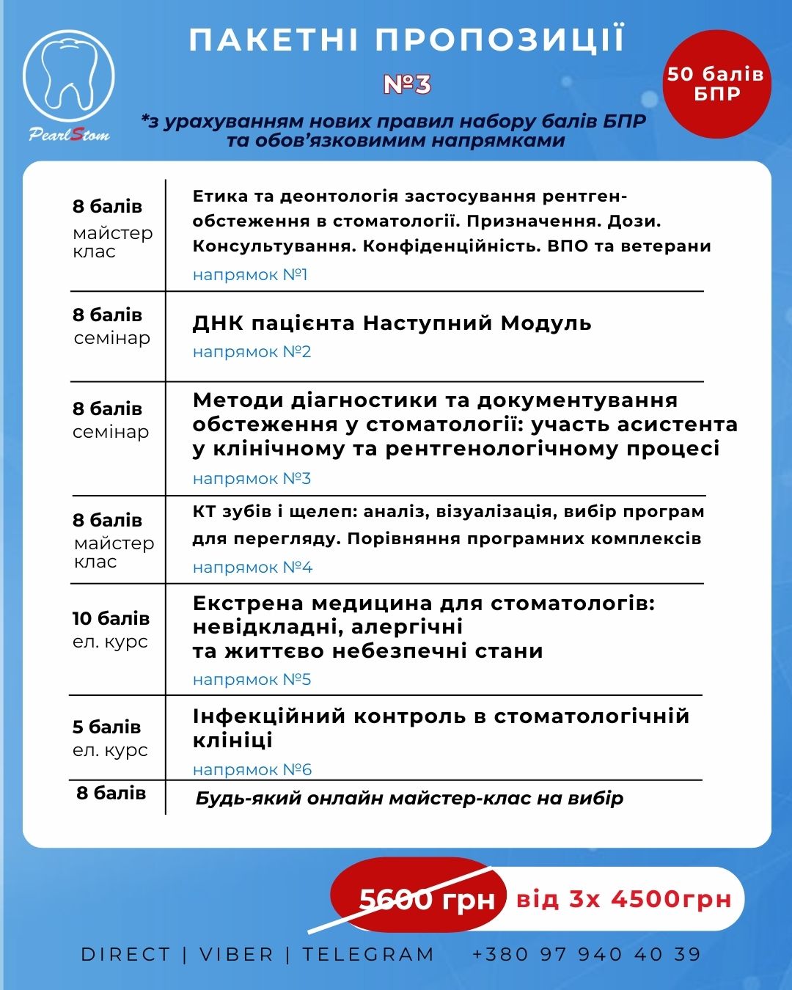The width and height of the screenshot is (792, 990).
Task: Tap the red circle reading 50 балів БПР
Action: point(716,84)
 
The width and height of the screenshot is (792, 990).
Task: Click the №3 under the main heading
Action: point(407,84)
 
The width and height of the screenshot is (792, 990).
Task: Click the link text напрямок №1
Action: point(250,275)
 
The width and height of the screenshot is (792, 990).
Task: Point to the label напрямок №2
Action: point(252,352)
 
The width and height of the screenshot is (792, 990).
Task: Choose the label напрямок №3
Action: point(252,479)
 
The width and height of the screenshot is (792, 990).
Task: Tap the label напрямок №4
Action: point(252,568)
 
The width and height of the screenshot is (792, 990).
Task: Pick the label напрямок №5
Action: point(252,680)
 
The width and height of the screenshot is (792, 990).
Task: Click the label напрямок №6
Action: point(252,770)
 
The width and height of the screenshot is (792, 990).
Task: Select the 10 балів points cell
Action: point(111,619)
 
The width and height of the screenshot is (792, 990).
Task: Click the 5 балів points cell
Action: point(106,727)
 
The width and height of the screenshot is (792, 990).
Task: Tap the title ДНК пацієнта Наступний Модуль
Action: point(392,323)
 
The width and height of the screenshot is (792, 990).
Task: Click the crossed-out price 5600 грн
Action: point(427,899)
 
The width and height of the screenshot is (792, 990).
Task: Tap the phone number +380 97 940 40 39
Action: point(587,955)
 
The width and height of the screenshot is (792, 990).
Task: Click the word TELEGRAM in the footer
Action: point(368,955)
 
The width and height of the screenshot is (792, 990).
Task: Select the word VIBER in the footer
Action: point(236,955)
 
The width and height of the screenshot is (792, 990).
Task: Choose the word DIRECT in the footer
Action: point(125,955)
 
